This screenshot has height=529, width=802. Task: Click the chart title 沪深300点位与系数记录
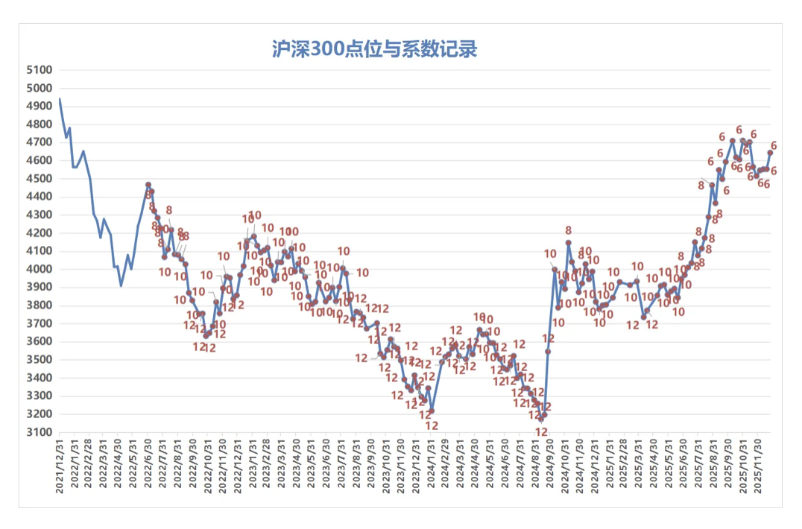point(373,50)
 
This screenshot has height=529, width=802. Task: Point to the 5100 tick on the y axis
point(40,70)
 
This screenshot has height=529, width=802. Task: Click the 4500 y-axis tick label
point(40,179)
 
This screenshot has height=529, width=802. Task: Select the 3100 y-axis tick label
point(40,432)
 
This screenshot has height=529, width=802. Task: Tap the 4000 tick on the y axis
point(40,269)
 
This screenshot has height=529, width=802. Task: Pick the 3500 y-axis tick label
point(40,360)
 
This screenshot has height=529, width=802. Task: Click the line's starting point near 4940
point(60,98)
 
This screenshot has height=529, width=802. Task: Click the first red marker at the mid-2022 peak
point(148,185)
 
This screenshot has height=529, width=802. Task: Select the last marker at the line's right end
point(770,153)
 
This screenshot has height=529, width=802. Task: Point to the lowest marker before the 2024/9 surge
point(540,419)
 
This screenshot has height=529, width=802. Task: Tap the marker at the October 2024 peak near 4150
point(568,242)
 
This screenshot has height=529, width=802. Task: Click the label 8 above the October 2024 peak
point(568,231)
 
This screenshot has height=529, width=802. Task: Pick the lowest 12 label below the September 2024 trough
point(541,431)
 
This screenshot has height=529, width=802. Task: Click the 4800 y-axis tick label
point(40,124)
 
